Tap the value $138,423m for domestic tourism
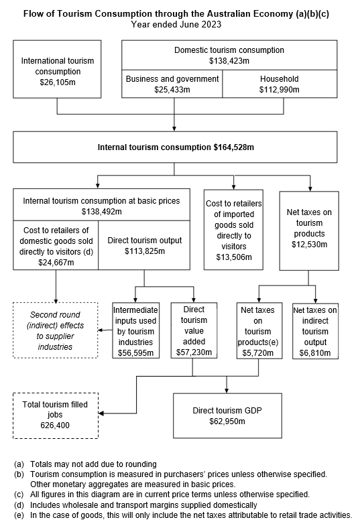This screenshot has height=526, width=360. (229, 61)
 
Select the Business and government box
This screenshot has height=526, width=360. (172, 84)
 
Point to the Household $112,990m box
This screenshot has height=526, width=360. (279, 84)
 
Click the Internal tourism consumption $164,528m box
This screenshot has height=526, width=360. (176, 147)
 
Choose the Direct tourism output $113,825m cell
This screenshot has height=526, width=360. (144, 245)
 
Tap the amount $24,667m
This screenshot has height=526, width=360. (56, 262)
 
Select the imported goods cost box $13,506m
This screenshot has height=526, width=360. (233, 229)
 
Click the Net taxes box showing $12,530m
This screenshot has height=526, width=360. (308, 229)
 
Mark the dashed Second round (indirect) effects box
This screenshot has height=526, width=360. (55, 330)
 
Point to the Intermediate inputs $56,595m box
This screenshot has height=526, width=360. (136, 330)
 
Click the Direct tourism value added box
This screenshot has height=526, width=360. (193, 330)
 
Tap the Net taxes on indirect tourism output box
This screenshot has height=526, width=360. (315, 330)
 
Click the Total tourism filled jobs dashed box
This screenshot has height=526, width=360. (55, 415)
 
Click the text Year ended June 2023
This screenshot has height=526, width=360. (176, 25)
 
